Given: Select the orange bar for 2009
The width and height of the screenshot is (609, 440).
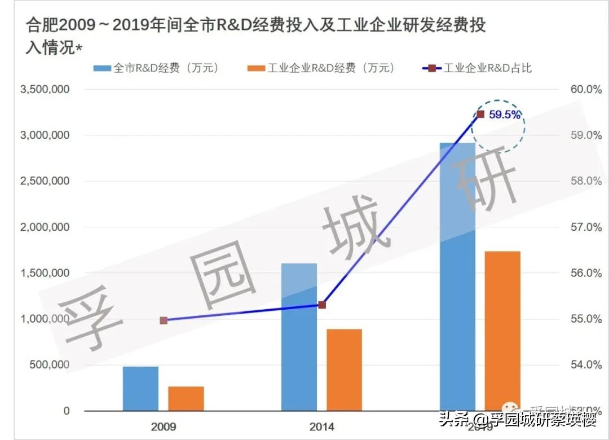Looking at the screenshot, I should click(186, 398).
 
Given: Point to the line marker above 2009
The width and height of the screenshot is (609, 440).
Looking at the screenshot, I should click(164, 320).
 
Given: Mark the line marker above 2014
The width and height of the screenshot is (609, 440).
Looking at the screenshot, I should click(322, 305).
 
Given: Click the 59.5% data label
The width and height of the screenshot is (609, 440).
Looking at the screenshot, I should click(504, 115).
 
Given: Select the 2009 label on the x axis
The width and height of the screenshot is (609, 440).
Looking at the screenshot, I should click(164, 426).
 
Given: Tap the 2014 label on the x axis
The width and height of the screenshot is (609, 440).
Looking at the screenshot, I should click(321, 426).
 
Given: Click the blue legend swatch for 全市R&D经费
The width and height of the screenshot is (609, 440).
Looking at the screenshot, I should click(103, 69).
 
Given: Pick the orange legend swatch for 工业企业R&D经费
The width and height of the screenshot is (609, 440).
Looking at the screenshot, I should click(256, 69).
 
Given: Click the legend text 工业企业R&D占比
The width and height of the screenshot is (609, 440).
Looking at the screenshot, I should click(488, 69).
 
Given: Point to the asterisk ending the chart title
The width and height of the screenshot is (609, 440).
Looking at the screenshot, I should click(78, 49).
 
